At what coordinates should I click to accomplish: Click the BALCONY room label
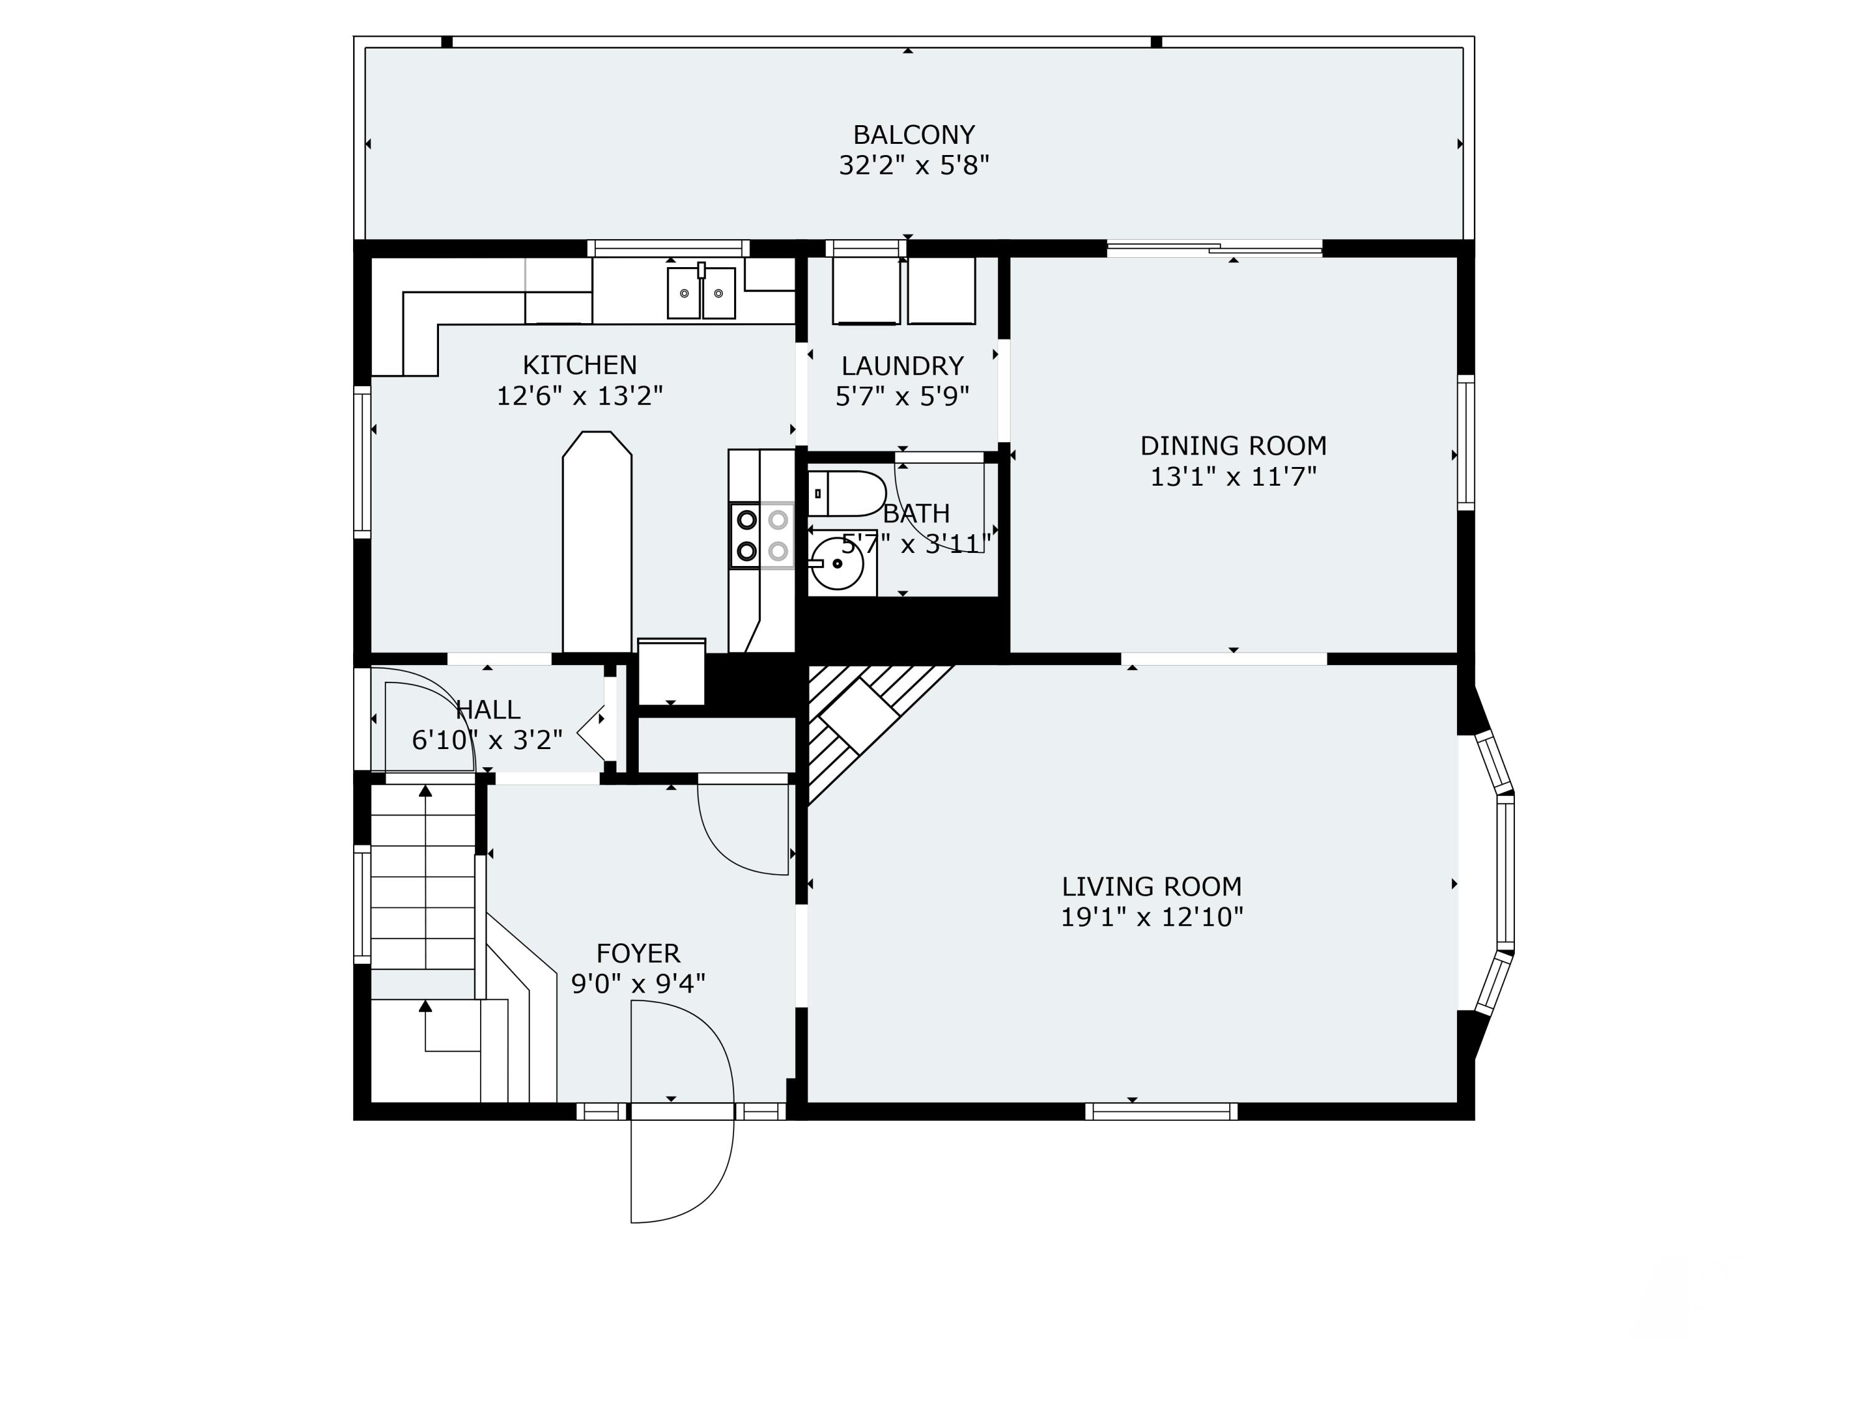click(x=913, y=134)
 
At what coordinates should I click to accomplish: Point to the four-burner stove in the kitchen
click(x=762, y=534)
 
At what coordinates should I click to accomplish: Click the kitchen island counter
click(x=597, y=545)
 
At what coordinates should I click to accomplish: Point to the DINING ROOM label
click(x=1233, y=445)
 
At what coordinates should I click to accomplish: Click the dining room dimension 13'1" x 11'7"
click(x=1233, y=477)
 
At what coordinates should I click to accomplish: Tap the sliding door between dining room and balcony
click(x=1214, y=248)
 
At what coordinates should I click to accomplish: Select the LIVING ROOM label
click(x=1151, y=886)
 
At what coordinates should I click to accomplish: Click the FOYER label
click(x=638, y=953)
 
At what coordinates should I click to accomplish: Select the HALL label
click(x=488, y=709)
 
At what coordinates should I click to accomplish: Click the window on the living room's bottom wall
click(x=1161, y=1112)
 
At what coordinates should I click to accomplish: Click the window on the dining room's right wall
click(x=1466, y=443)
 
